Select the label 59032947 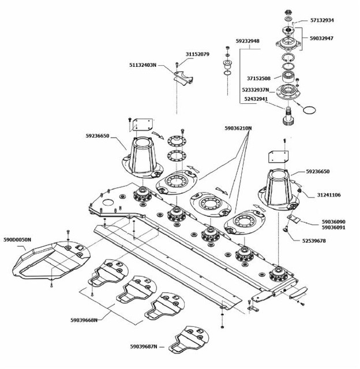point(321,38)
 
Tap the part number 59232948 point(247,42)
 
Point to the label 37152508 point(259,78)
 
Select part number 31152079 point(197,54)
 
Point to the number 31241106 point(328,195)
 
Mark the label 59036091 point(333,228)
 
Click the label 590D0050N point(17,239)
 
